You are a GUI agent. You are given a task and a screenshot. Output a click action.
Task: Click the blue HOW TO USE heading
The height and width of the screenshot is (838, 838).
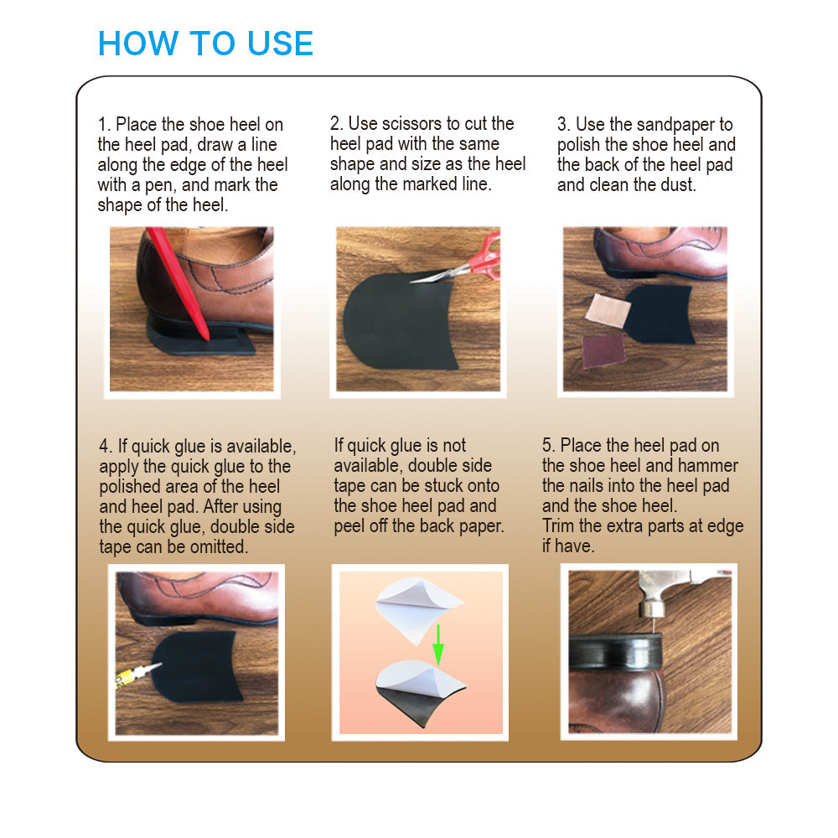click(206, 44)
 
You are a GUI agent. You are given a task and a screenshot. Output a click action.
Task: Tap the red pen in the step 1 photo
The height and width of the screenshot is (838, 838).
click(178, 283)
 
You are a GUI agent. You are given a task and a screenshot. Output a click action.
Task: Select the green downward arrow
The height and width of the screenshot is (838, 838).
click(438, 644)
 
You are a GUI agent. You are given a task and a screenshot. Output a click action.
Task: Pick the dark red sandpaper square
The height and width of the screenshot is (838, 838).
click(604, 350)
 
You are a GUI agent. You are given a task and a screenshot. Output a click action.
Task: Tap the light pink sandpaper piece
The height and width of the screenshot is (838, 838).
click(608, 310)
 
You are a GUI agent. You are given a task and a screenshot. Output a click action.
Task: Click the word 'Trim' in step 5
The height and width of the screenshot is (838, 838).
click(558, 526)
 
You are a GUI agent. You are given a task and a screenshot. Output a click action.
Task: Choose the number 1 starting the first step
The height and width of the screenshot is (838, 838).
click(103, 125)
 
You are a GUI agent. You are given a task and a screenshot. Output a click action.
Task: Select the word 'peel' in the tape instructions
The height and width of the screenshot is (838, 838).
click(349, 526)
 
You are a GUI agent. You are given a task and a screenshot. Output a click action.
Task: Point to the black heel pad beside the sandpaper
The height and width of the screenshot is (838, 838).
click(660, 314)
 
